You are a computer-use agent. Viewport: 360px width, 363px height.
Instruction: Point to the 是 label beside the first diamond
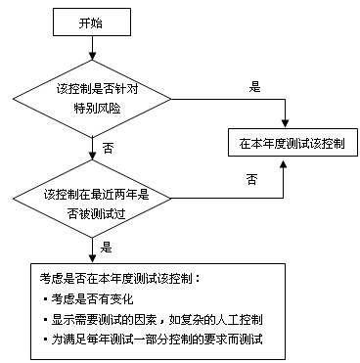(255, 87)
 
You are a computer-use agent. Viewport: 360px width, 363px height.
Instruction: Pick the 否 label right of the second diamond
(251, 179)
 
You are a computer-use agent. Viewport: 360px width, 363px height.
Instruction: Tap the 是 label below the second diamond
(106, 249)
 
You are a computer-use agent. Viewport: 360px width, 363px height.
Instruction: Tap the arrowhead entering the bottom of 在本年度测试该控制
(285, 163)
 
